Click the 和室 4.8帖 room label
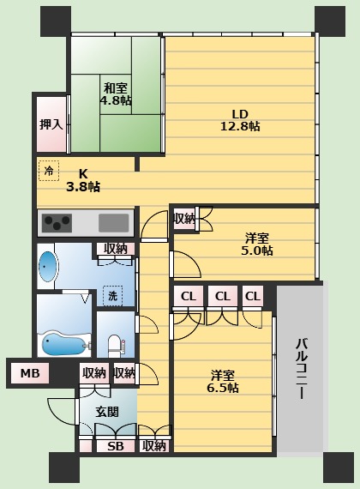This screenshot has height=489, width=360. coord(116,94)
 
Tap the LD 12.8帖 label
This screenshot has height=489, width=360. coord(240,120)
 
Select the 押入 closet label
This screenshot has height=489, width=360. coord(51,124)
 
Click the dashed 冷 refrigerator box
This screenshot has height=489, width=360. coord(49,170)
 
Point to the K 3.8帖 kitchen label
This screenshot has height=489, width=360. coord(83,180)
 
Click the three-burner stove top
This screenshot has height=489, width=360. coord(57,223)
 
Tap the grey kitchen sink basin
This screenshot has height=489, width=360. coord(114,223)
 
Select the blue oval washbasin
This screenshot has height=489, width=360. coord(48,267)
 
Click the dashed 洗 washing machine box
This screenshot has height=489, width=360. coord(112,296)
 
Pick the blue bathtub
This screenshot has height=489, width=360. coord(64,344)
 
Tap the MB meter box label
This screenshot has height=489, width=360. coord(30,373)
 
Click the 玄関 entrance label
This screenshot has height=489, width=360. coord(107,412)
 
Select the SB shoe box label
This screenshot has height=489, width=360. coord(116,447)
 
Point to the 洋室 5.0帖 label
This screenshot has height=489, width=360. coord(257,244)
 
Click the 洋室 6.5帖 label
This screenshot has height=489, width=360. coord(223,382)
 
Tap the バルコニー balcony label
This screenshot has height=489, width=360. coord(301,369)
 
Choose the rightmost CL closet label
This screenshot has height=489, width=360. coord(253,296)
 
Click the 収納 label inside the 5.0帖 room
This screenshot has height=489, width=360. coord(184,219)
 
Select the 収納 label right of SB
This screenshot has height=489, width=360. coord(154,446)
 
